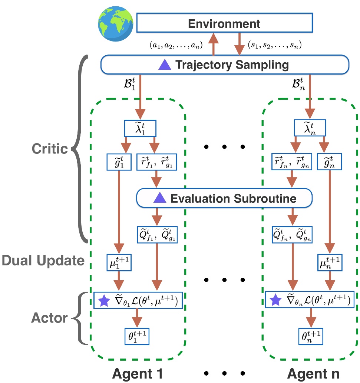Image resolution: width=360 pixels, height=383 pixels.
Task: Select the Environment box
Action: [x=224, y=23]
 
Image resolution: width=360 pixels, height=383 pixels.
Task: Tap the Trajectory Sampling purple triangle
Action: [x=164, y=65]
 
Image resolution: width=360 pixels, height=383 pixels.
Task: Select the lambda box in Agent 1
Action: [x=140, y=128]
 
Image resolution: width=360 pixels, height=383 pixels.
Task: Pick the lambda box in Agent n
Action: [x=310, y=128]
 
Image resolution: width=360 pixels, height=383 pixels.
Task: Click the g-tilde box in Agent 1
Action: [x=118, y=162]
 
